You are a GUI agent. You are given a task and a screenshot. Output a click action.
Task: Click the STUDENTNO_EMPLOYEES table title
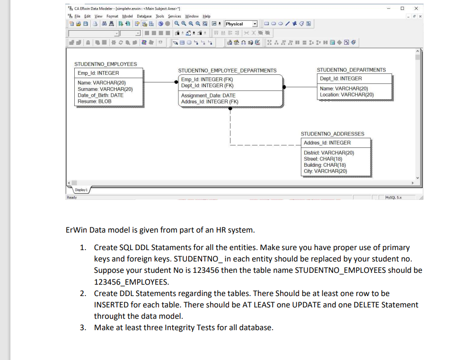106,64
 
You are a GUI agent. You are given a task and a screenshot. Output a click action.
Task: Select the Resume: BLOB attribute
94,101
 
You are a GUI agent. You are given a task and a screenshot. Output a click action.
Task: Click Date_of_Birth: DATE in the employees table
100,95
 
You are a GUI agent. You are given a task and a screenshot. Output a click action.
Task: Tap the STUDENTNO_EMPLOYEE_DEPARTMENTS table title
227,70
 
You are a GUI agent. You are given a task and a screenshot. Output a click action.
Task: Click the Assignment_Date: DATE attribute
208,96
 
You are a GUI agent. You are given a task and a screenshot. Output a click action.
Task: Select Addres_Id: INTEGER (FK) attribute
210,102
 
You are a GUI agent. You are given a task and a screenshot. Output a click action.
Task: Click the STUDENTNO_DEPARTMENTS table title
351,70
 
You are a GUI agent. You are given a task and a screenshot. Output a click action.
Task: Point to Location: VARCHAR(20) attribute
347,95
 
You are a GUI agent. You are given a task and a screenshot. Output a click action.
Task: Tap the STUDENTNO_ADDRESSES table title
333,134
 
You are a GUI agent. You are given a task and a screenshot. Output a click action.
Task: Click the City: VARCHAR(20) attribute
325,171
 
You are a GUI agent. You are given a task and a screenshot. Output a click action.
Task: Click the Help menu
206,17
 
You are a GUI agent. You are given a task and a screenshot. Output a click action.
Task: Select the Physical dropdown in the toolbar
241,24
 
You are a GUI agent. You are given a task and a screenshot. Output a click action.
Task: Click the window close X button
416,9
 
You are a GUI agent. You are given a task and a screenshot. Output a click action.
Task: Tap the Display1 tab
81,189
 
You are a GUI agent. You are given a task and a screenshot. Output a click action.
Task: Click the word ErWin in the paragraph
76,231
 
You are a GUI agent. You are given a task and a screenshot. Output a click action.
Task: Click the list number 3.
83,328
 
